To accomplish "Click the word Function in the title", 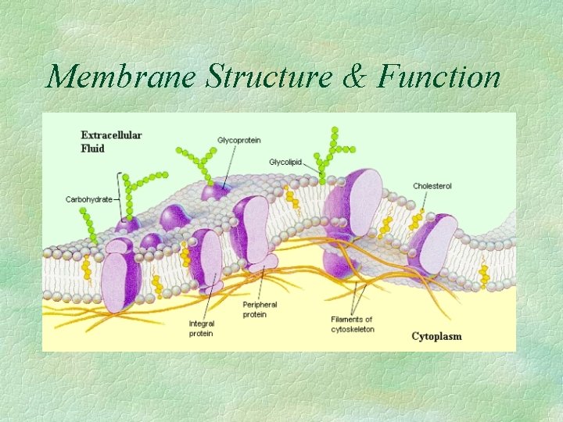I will tap(439, 76).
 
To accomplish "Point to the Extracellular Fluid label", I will tap(111, 141).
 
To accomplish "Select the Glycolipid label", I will tap(287, 162).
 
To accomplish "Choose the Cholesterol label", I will tap(432, 187).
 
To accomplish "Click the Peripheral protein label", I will tap(260, 309).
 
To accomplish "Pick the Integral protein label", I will tap(201, 328).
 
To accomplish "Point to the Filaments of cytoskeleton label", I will tap(353, 324).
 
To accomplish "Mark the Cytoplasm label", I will tap(436, 337).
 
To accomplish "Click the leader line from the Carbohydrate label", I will tap(119, 199).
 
